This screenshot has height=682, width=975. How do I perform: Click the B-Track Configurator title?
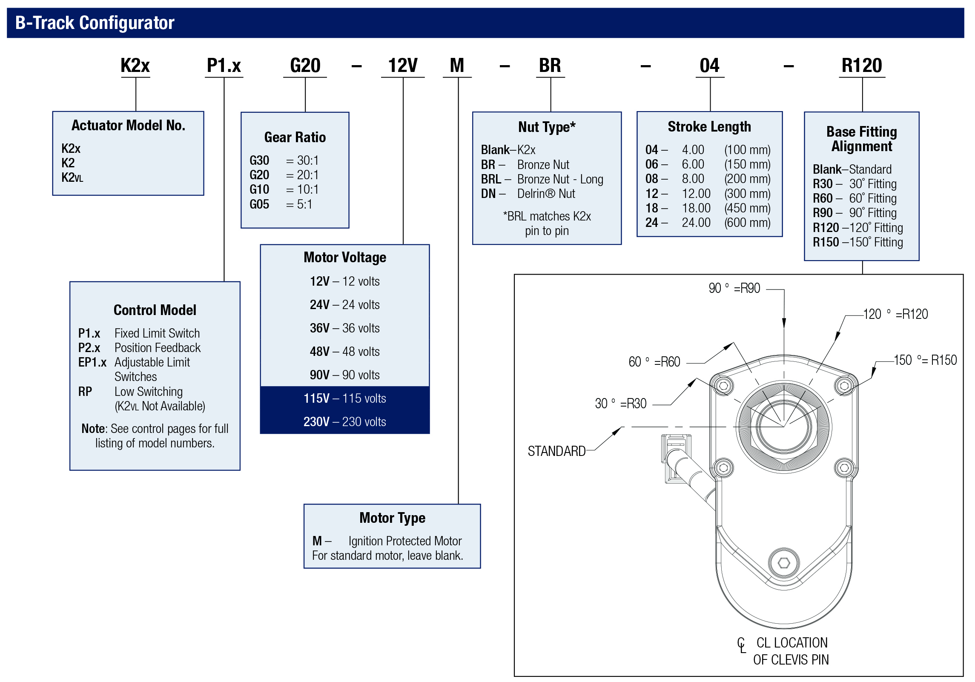point(95,23)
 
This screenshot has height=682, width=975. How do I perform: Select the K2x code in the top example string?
point(135,66)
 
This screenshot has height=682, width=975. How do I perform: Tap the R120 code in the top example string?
point(862,66)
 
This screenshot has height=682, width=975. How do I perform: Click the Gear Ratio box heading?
point(295,137)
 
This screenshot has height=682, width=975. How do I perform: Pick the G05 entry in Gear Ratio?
point(259,204)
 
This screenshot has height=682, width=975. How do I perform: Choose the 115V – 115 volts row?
point(344,398)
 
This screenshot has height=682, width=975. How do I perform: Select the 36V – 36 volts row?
point(344,328)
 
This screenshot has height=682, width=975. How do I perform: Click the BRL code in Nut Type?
point(491,179)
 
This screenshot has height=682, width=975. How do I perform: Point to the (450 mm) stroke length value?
point(747,208)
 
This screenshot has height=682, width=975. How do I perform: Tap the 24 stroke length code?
point(651,223)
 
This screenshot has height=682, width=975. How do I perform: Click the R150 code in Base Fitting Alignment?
point(826,242)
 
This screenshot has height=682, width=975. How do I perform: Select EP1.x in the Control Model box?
point(92,362)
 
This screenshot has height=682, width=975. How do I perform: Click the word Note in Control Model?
point(93,429)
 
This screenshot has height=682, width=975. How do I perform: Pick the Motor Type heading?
point(392,518)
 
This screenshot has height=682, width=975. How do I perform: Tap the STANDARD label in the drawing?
point(556,451)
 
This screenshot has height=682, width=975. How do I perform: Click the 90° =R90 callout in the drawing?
point(734,288)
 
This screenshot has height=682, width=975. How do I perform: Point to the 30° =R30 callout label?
point(620,404)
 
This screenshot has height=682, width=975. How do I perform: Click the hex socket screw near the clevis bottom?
point(784,563)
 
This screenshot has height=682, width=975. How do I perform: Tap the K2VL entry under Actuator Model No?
point(72,178)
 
